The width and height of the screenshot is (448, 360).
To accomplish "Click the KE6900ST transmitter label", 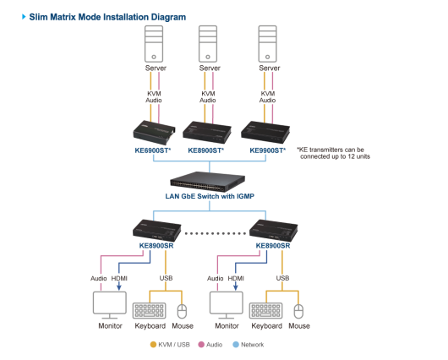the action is click(x=153, y=150).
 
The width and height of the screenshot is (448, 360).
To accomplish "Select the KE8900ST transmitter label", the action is click(x=206, y=150).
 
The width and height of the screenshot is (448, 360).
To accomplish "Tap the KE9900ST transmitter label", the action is click(x=268, y=150).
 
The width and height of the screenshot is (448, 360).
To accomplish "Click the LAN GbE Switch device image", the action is click(x=207, y=182).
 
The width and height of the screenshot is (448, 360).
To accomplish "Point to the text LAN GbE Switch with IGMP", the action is click(x=210, y=196).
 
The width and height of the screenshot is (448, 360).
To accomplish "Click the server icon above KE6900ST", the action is click(x=154, y=44).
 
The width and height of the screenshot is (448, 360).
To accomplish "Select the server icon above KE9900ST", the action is click(x=267, y=44).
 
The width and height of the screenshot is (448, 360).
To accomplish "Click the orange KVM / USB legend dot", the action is click(x=154, y=345).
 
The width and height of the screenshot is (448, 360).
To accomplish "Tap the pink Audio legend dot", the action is click(x=201, y=345).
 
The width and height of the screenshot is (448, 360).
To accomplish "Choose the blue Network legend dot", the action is click(x=236, y=345).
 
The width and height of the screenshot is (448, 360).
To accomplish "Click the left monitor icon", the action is click(x=110, y=305).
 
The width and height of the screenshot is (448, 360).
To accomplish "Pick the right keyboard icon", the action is click(x=265, y=311).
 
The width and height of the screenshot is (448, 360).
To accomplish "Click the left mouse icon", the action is click(x=182, y=311).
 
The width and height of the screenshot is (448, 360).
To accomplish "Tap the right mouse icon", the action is click(x=298, y=311).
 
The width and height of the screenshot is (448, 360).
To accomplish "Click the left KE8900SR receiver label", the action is click(x=156, y=246).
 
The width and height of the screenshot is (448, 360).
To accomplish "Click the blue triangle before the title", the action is click(x=24, y=17).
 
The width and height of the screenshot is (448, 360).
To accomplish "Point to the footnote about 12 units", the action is click(x=333, y=153).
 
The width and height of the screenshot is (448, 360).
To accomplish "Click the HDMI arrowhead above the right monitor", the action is click(x=236, y=286).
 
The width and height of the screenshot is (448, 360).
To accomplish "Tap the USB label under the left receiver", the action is click(x=166, y=278).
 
